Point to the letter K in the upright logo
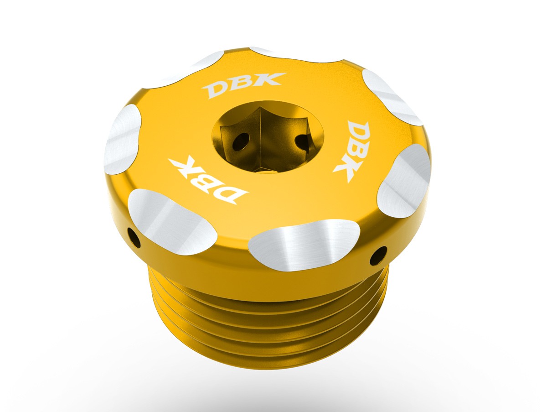273,79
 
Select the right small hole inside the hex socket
301,143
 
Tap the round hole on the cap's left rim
134,236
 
